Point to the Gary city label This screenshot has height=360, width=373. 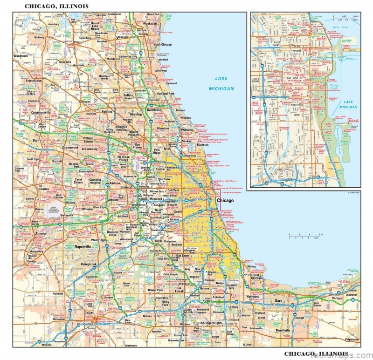(279, 302)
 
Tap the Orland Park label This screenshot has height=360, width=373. (156, 290)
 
